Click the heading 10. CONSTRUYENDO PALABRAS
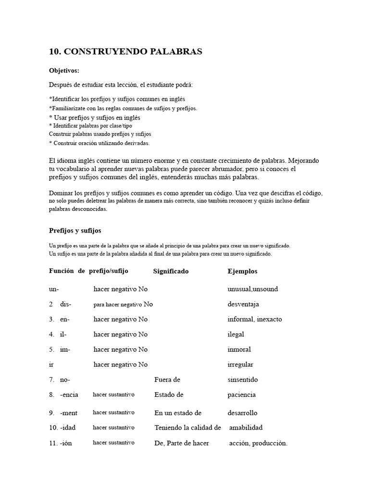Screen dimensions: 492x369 coord(125,52)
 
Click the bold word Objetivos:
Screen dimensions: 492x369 coord(64,70)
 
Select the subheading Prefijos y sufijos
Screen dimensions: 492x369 coord(75,231)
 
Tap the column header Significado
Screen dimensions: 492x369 coord(171,271)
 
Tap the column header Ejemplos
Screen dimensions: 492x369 coord(242,271)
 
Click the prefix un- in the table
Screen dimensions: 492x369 coord(54,289)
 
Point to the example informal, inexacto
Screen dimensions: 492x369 coord(255,320)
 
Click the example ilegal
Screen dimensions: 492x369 coord(236,334)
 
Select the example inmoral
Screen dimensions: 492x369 coord(239,349)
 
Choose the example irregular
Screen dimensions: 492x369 coord(240,365)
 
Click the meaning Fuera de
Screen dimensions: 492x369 coord(167,380)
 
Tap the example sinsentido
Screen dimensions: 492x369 coord(243,380)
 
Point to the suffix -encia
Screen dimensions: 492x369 coord(70,395)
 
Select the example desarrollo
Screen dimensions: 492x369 coord(243,413)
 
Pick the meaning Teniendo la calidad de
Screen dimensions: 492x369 coord(187,428)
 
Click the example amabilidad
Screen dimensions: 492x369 coord(246,428)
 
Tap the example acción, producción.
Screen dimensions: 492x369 coord(258,443)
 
